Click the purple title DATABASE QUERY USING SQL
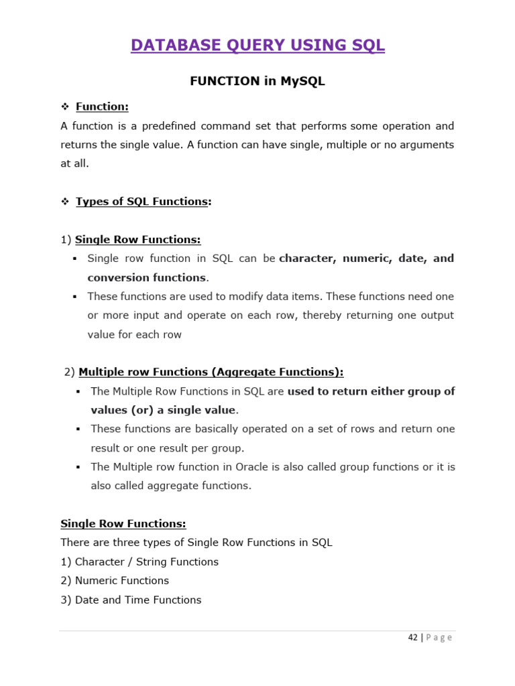(x=257, y=46)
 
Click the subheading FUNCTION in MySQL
(x=257, y=81)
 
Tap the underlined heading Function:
(x=102, y=107)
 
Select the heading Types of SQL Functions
(x=141, y=202)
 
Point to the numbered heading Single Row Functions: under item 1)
(x=137, y=239)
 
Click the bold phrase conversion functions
(x=147, y=277)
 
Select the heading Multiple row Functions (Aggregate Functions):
(x=211, y=372)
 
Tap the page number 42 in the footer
(x=413, y=638)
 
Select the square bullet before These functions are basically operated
(x=78, y=429)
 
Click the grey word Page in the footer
(x=439, y=638)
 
